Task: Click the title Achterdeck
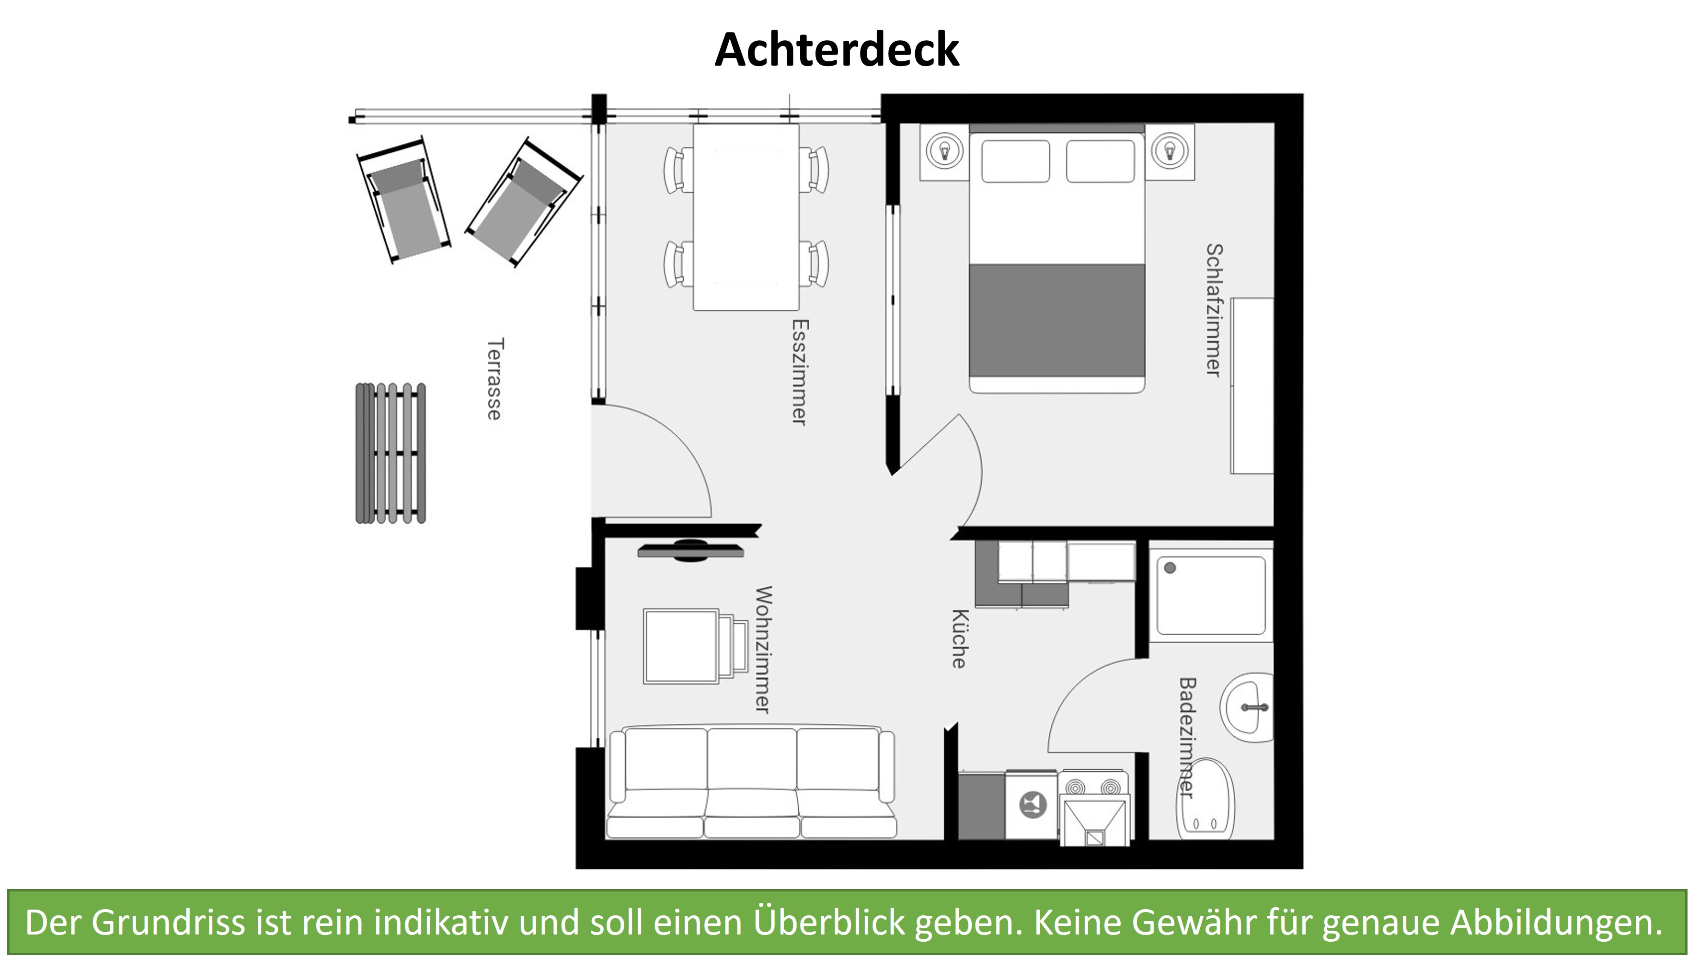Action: point(836,50)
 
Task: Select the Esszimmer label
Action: point(799,372)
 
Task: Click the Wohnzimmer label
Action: point(763,649)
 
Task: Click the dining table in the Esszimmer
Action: point(746,217)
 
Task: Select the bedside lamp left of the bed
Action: point(943,151)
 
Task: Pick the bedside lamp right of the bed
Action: point(1170,151)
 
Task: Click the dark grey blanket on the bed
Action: point(1056,321)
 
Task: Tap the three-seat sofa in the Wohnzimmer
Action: point(751,783)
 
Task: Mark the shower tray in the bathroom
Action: point(1210,595)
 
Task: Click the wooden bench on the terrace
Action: point(390,453)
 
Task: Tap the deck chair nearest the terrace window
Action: point(523,204)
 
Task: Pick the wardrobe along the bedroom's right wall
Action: point(1252,386)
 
